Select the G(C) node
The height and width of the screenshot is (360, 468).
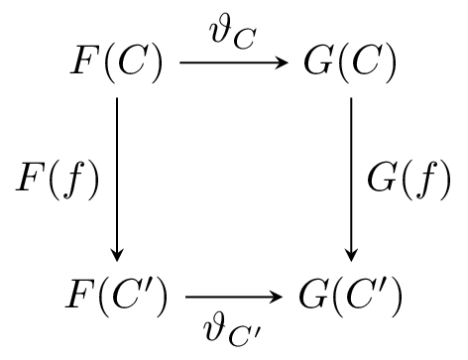coord(350,64)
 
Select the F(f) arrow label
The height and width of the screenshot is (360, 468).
coord(57,181)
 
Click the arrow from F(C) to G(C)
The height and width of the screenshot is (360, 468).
coord(234,64)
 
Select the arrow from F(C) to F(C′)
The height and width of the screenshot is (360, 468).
coord(118,179)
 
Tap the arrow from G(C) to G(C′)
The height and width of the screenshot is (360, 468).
coord(351,179)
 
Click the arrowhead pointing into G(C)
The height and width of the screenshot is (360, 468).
coord(286,64)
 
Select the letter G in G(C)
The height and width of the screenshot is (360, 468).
coord(319,64)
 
